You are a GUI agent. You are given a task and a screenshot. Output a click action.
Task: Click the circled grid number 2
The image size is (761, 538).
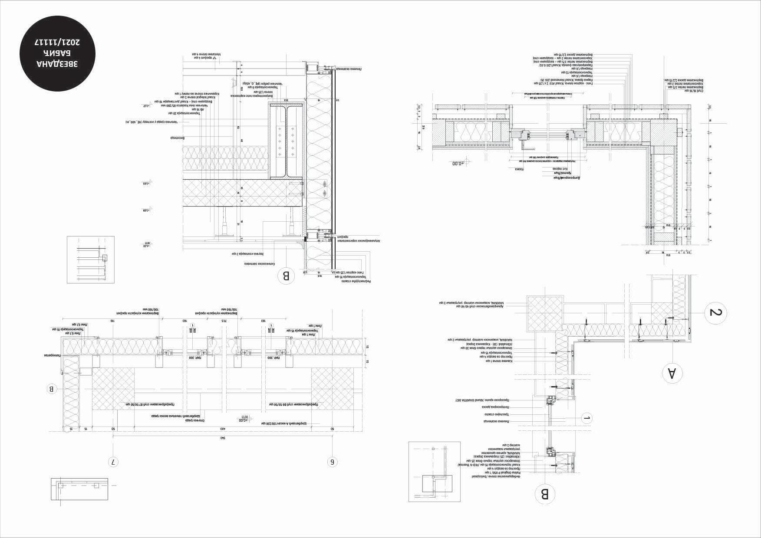pyautogui.click(x=715, y=312)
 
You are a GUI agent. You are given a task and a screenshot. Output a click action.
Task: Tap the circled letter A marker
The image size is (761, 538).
pyautogui.click(x=671, y=374)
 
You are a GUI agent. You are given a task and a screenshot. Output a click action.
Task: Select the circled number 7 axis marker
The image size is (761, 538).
pyautogui.click(x=113, y=462)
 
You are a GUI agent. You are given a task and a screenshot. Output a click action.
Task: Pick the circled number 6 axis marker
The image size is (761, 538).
pyautogui.click(x=333, y=462)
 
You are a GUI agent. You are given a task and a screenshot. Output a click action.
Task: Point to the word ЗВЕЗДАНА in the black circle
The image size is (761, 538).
pyautogui.click(x=58, y=64)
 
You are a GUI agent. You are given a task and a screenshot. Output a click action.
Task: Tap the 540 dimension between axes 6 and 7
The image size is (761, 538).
pyautogui.click(x=223, y=438)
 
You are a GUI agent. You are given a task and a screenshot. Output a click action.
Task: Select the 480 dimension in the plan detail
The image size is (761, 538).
pyautogui.click(x=223, y=429)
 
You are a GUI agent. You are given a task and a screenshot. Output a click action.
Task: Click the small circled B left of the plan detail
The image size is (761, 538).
pyautogui.click(x=52, y=389)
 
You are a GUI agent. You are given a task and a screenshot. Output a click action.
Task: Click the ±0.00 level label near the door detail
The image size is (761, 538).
pyautogui.click(x=458, y=164)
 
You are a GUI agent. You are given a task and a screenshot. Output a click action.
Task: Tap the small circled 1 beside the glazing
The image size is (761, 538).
pyautogui.click(x=586, y=418)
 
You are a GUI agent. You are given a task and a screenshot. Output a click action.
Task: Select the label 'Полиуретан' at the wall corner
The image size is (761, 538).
pyautogui.click(x=51, y=355)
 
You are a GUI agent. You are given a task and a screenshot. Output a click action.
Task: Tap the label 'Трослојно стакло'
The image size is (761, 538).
pyautogui.click(x=497, y=414)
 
